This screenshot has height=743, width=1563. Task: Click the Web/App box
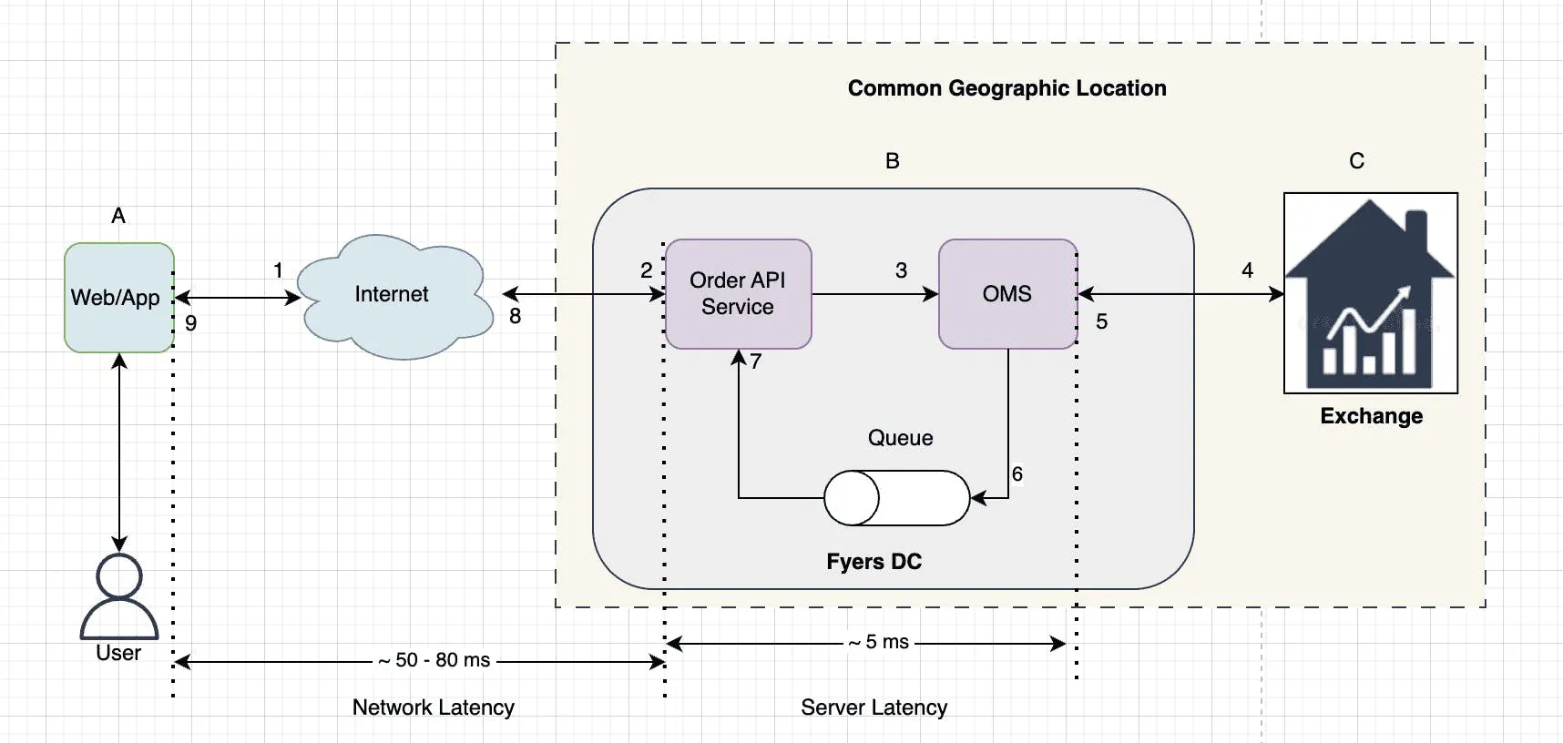point(118,297)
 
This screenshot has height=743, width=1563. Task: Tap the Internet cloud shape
point(392,295)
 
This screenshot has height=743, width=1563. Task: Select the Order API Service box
point(738,293)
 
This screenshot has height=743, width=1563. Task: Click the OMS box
point(1007,293)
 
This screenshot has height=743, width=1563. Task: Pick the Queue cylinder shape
point(897,498)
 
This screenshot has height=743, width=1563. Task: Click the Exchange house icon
point(1370,293)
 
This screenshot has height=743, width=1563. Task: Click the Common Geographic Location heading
point(1006,88)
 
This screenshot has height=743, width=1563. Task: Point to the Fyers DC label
point(873,562)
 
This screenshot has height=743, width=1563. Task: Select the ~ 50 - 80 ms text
point(434,660)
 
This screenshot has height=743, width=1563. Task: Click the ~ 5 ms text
point(879,642)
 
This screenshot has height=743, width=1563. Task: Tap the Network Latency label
point(434,707)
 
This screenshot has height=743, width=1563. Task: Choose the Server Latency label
point(873,707)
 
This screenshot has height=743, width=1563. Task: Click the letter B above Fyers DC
point(893,161)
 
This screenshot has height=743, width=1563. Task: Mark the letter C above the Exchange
point(1356,161)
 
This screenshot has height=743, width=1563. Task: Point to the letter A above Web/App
point(118,216)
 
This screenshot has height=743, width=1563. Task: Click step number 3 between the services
point(901,270)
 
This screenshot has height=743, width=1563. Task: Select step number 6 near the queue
point(1017,474)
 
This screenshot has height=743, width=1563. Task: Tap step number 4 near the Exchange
point(1247,270)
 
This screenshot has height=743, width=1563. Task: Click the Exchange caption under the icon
point(1371,416)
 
